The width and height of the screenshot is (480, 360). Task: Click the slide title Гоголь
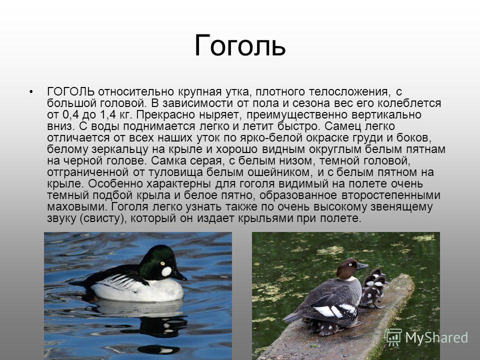click(x=240, y=46)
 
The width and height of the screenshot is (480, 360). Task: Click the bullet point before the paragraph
click(x=30, y=92)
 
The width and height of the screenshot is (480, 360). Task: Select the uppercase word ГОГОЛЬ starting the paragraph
click(x=70, y=91)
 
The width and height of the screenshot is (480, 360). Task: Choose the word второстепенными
click(x=391, y=195)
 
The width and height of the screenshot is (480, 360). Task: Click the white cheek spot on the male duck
click(x=166, y=271)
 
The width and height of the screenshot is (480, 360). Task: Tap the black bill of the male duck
click(x=179, y=275)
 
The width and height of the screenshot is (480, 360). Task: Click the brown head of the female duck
click(x=347, y=268)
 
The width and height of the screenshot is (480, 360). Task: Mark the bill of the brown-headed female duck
click(x=362, y=265)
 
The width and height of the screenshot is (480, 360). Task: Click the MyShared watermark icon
click(x=393, y=337)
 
